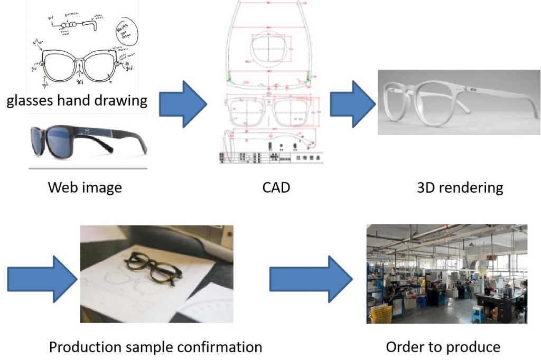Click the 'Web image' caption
pyautogui.click(x=85, y=187)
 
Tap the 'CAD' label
pyautogui.click(x=276, y=187)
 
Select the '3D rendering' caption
pyautogui.click(x=460, y=187)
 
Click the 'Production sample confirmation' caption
pyautogui.click(x=155, y=347)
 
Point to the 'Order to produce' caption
pyautogui.click(x=443, y=347)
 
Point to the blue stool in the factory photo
pyautogui.click(x=478, y=314)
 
